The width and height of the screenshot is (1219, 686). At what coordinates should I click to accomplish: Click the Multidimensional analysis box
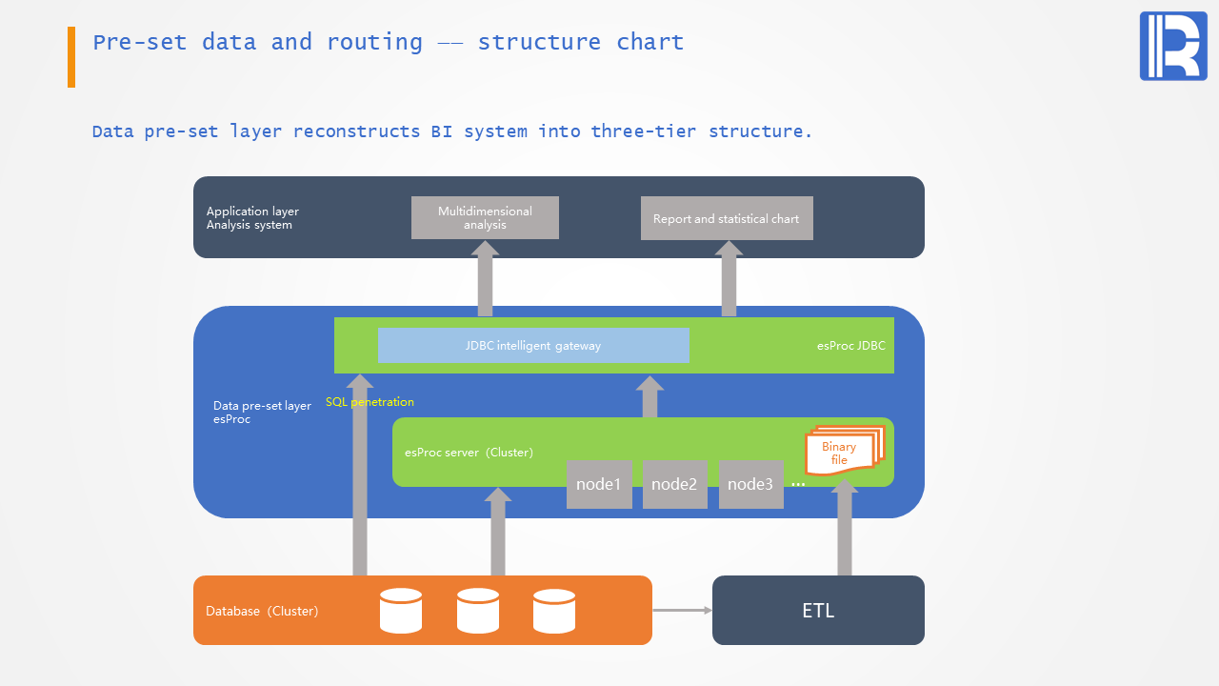(485, 217)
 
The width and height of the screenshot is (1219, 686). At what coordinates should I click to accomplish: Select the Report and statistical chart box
(727, 218)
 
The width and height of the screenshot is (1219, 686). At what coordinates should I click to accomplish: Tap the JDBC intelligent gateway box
(533, 345)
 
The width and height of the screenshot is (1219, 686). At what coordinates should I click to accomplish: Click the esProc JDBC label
(850, 346)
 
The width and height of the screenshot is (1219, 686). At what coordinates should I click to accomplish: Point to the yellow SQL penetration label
(370, 402)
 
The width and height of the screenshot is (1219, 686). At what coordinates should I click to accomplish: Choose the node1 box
(599, 484)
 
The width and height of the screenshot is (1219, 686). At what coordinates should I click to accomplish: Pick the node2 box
(674, 484)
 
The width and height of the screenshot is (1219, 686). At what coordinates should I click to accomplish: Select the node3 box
(750, 484)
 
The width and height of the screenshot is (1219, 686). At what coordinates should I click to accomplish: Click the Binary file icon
(842, 451)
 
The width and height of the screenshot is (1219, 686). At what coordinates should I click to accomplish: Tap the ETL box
(818, 611)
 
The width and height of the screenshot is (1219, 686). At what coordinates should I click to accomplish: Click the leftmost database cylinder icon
(401, 611)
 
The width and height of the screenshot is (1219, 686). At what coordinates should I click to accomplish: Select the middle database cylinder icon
(478, 611)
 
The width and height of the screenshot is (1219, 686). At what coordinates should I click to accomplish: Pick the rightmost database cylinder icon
(554, 611)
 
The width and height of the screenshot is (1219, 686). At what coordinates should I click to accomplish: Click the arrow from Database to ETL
(682, 611)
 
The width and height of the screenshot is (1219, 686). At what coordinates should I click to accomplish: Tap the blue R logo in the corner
(1173, 47)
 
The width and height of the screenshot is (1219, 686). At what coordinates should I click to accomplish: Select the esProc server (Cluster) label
(469, 453)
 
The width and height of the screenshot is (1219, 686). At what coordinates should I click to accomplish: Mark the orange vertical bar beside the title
(71, 57)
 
